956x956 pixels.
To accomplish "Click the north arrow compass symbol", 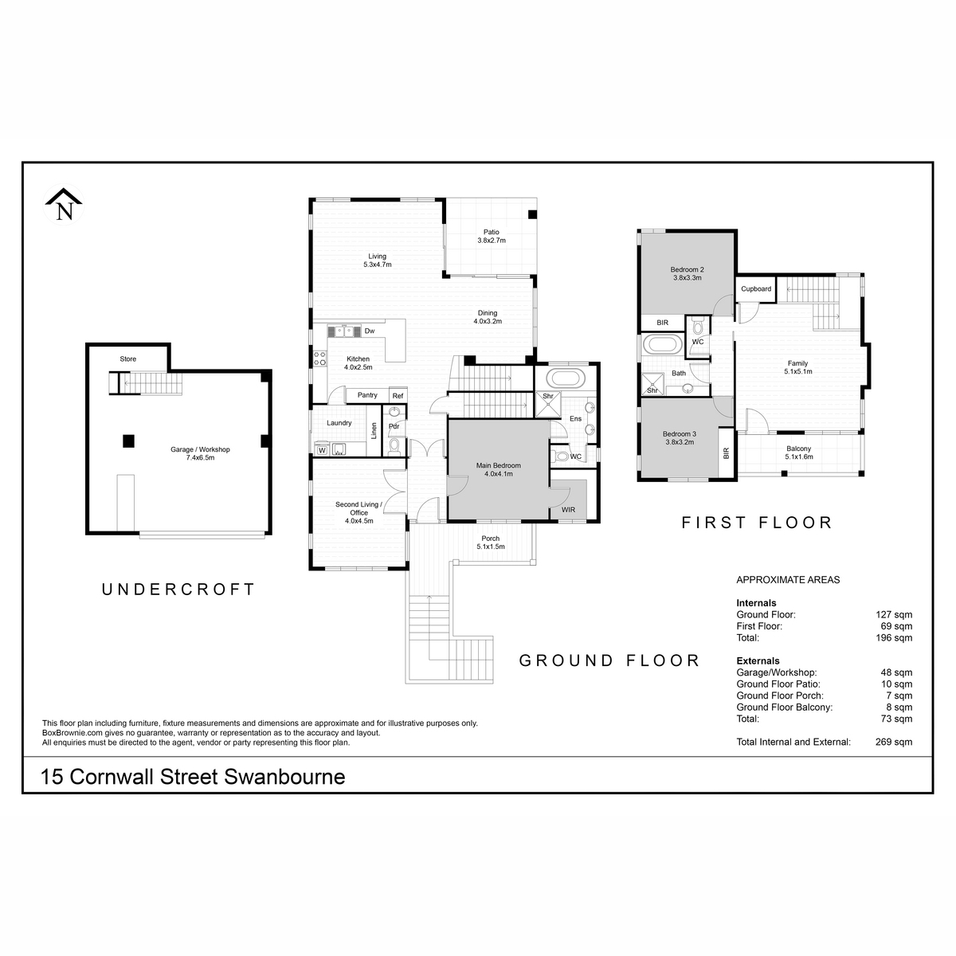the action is coord(64,204).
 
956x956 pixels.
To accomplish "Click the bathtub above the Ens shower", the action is coord(565,378).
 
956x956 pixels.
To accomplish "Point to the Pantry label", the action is coord(367,395).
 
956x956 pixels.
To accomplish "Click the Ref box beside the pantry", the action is coord(398,395).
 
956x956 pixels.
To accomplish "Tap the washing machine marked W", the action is coord(322,450).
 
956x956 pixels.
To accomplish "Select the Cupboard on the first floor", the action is coord(755,288).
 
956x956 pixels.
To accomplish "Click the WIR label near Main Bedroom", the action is coord(569,510).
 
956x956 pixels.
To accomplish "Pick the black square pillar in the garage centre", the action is coord(128,441).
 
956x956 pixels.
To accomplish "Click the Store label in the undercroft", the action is coord(128,358).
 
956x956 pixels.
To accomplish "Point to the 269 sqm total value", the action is coord(894,742).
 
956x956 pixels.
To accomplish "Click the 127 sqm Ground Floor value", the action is coord(894,614).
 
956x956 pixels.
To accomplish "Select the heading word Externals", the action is coord(758,660).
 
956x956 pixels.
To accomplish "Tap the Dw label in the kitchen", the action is coord(370,331).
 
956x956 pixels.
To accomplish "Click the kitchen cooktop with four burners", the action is coord(320,358).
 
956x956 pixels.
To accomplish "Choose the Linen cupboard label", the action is coord(374,431).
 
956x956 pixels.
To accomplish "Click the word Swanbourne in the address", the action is coord(284,777).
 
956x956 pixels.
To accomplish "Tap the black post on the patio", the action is coord(532,214).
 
